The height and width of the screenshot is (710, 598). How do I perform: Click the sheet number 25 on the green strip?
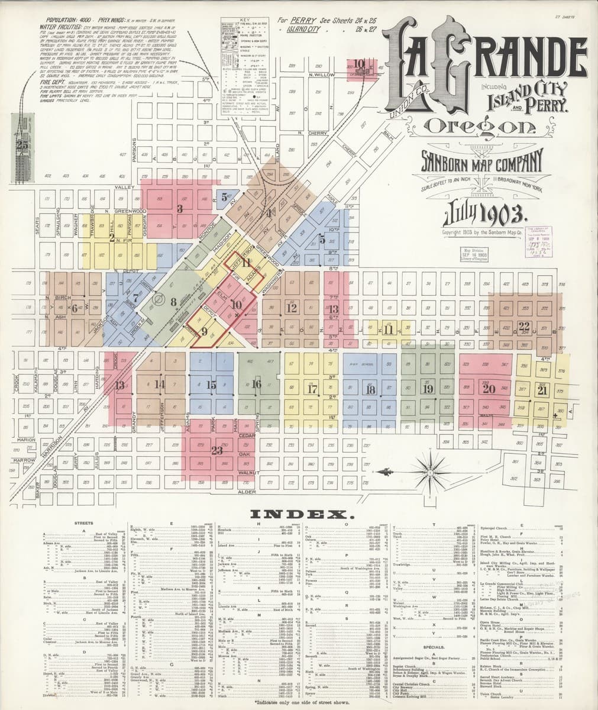click(23, 144)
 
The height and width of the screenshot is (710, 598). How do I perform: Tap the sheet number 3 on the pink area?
click(180, 208)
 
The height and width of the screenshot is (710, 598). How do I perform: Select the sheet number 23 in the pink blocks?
click(217, 450)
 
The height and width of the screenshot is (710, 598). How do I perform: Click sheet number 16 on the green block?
click(256, 385)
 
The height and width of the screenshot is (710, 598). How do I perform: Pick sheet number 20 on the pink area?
click(489, 389)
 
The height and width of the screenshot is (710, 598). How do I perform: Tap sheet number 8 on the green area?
click(174, 302)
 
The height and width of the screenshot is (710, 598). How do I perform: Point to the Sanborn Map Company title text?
click(481, 160)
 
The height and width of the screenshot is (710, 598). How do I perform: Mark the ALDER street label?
click(245, 491)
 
